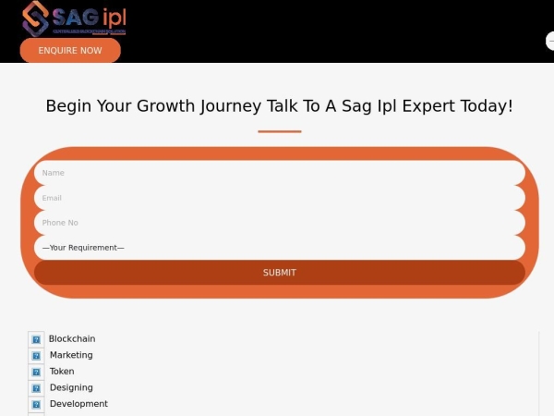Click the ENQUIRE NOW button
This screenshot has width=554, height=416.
click(x=70, y=50)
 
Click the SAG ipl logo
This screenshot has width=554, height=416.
click(x=74, y=18)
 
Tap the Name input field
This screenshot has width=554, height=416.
click(x=279, y=173)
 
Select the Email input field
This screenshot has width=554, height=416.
click(x=279, y=198)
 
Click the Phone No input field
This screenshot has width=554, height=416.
click(x=279, y=223)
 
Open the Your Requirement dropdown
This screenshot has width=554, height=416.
click(x=279, y=248)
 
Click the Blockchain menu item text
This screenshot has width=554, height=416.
click(x=72, y=339)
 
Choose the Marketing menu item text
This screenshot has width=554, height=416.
click(x=71, y=355)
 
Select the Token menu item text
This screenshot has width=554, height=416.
click(x=62, y=372)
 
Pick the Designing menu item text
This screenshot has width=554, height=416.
click(x=71, y=388)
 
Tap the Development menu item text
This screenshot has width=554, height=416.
click(x=78, y=404)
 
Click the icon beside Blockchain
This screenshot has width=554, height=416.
click(x=36, y=340)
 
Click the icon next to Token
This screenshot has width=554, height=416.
click(x=36, y=373)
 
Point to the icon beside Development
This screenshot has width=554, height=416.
click(x=36, y=405)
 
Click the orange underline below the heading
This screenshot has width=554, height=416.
click(x=279, y=131)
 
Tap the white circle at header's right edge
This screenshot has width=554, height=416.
click(x=550, y=42)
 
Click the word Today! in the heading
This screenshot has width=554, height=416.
click(x=489, y=105)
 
